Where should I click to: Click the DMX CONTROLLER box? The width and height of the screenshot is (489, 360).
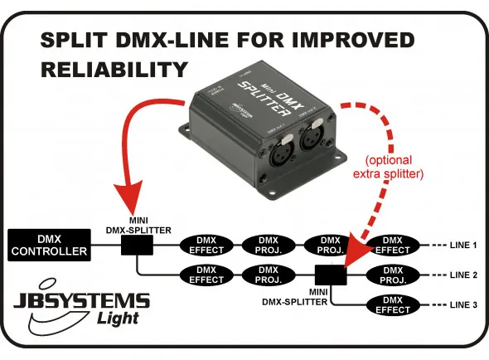coord(48,245)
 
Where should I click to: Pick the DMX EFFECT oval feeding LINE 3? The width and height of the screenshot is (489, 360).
coord(393,304)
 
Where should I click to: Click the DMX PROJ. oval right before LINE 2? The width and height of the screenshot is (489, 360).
coord(393,274)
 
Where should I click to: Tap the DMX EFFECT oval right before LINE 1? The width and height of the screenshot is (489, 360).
coord(393,245)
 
